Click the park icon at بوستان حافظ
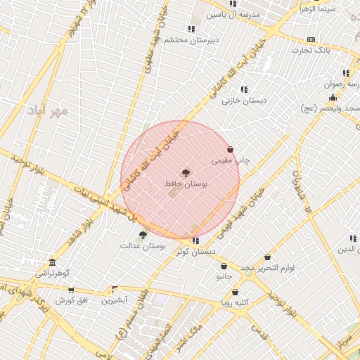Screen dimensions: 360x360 click(186, 172)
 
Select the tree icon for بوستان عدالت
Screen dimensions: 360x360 click(143, 235)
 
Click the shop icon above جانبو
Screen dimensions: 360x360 click(224, 266)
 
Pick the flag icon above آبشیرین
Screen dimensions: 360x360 click(115, 289)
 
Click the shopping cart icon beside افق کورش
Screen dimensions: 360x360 click(71, 290)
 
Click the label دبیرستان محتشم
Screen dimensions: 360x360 click(191, 40)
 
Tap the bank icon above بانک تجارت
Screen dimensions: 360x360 click(311, 40)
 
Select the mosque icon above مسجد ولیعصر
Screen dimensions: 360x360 click(332, 97)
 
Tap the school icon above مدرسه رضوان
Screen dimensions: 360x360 click(345, 73)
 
